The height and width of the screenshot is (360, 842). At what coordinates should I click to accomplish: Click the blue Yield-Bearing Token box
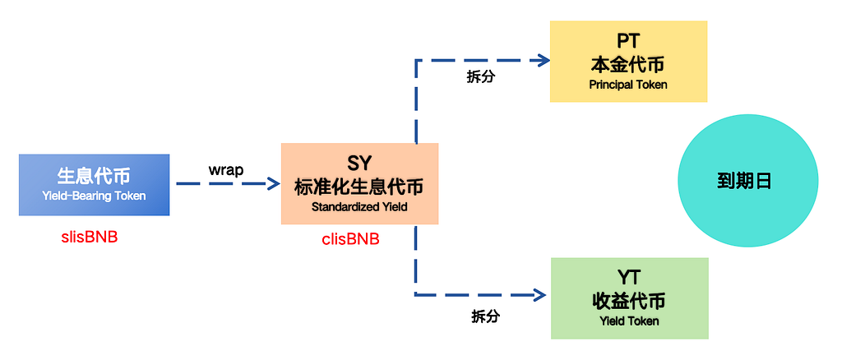click(94, 185)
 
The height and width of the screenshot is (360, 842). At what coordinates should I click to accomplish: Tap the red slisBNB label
click(90, 238)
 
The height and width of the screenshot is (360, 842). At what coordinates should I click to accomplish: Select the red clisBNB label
click(350, 239)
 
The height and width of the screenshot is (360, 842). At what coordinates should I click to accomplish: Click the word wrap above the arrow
click(226, 170)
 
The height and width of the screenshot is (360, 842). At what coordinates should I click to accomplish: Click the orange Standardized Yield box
click(360, 183)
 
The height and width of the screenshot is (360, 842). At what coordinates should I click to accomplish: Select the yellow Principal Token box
click(628, 61)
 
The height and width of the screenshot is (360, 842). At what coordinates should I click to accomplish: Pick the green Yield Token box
click(630, 298)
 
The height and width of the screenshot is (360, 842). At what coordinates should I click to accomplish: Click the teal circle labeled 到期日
click(748, 182)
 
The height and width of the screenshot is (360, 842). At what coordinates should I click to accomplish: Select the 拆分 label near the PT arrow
click(480, 76)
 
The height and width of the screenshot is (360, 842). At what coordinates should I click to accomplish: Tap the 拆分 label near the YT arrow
click(485, 316)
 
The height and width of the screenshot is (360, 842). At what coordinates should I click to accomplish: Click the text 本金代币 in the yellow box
click(627, 65)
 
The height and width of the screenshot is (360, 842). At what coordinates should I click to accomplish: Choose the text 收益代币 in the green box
click(629, 302)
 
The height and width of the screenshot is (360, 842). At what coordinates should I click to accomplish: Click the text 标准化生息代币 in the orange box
click(359, 187)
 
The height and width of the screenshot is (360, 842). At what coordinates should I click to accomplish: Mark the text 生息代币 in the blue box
click(94, 175)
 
